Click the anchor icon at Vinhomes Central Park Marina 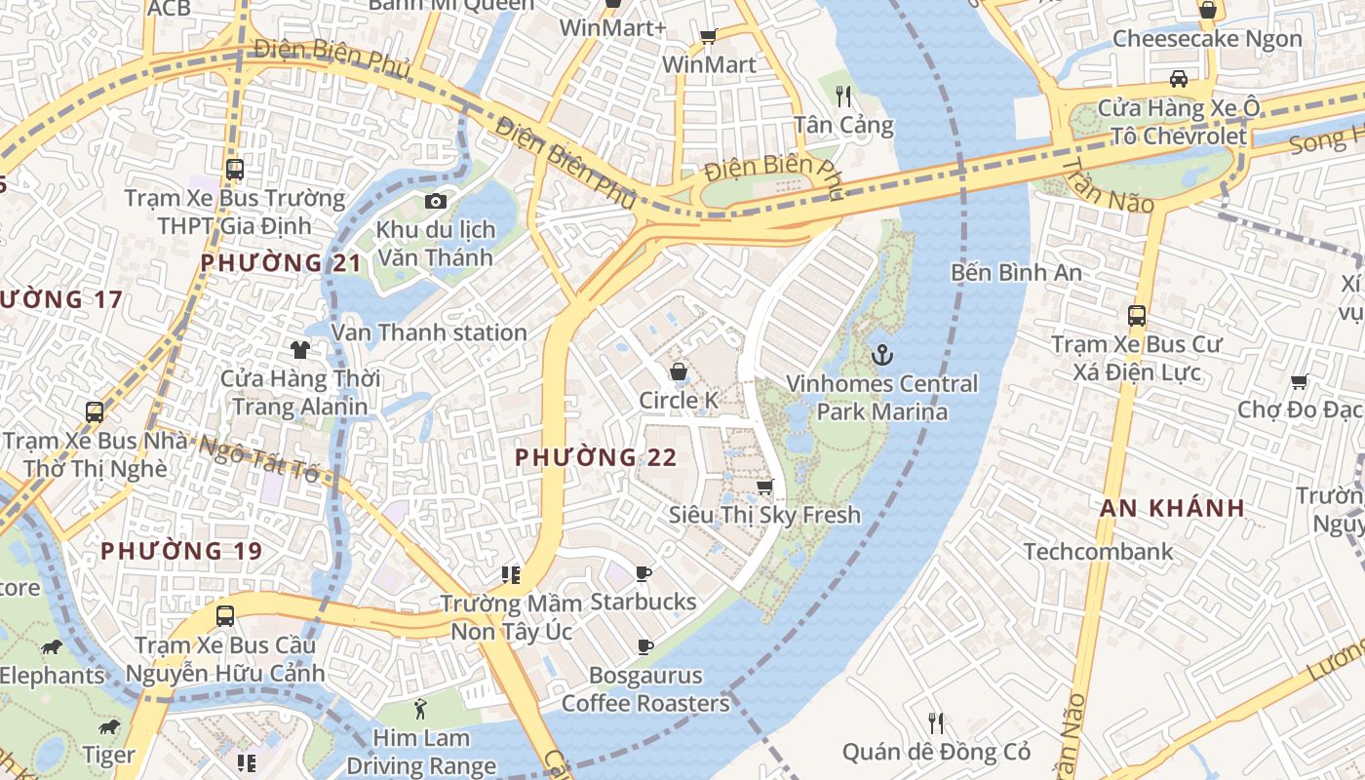coord(881,355)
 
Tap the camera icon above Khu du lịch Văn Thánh coord(436,201)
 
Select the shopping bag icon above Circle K coord(678,371)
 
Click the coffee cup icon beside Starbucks coord(643,573)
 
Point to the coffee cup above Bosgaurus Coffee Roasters coord(644,645)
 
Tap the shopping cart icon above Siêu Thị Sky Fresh coord(765,486)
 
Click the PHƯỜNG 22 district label coord(596,457)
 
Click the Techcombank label coord(1098,552)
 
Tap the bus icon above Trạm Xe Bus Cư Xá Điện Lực coord(1136,315)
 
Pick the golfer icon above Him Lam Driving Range coord(420,709)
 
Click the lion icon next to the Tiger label coord(108,727)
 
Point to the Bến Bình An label coord(1016,272)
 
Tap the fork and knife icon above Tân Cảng coord(843,96)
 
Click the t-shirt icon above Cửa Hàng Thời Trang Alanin coord(299,349)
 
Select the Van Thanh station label coord(429,332)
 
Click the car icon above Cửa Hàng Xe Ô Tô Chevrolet coord(1178,79)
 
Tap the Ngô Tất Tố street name coord(258,459)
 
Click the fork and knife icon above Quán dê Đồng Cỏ coord(936,722)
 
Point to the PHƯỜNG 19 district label coord(181,551)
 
